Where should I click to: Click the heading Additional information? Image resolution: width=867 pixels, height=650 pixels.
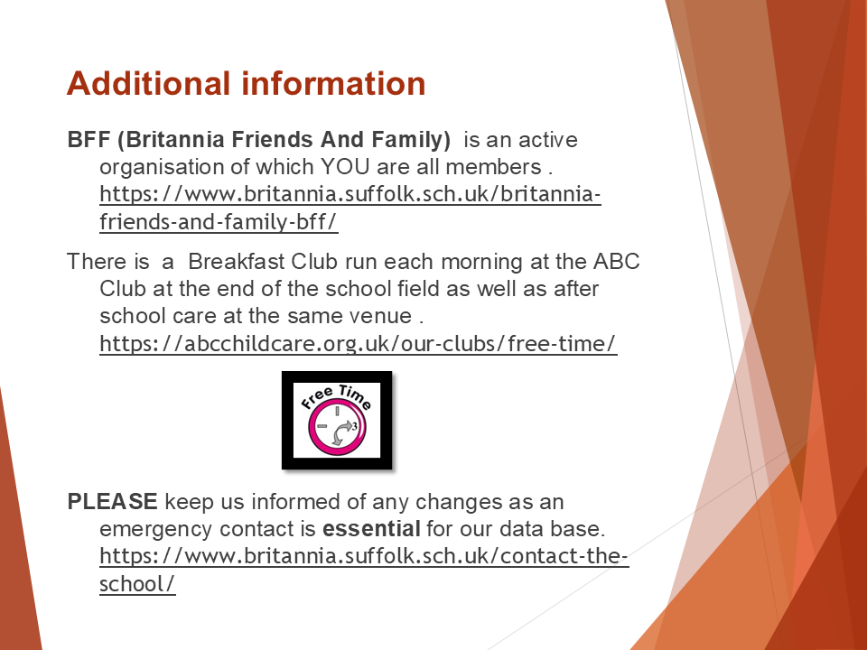tap(246, 83)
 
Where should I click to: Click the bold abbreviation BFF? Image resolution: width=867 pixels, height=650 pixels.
tap(89, 139)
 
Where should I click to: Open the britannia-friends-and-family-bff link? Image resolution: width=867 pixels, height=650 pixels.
tap(350, 208)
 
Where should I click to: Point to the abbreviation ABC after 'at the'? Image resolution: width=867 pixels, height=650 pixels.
tap(617, 261)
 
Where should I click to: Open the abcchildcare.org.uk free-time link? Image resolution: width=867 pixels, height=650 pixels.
tap(359, 343)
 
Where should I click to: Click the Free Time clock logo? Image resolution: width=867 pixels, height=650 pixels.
tap(337, 420)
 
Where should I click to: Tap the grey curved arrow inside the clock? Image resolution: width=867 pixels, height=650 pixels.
tap(342, 432)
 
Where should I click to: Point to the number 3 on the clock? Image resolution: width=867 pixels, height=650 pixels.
tap(354, 425)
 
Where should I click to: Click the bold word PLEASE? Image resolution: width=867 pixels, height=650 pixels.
tap(112, 501)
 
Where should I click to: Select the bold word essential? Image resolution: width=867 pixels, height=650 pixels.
tap(371, 528)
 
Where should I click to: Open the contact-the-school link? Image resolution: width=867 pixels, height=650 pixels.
tap(364, 570)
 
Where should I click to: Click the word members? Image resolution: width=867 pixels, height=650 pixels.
tap(493, 166)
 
